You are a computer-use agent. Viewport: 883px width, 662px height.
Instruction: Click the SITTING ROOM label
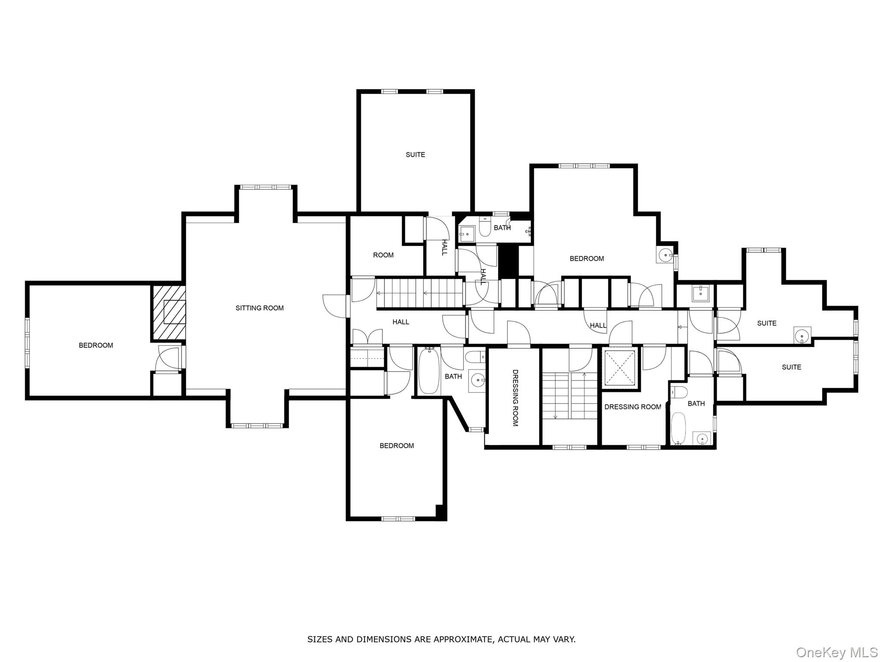(x=260, y=308)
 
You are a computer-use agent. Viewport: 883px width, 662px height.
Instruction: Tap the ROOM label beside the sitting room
(x=383, y=255)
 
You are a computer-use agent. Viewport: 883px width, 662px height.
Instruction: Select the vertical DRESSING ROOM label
(x=515, y=398)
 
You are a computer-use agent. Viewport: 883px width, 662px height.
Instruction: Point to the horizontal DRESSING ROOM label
(x=633, y=407)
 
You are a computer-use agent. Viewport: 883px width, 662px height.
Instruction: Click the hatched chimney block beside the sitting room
(x=168, y=313)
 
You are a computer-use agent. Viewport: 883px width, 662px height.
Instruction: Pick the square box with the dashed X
(x=620, y=367)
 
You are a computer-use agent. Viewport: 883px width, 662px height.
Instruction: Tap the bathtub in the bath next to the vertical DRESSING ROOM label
(x=429, y=371)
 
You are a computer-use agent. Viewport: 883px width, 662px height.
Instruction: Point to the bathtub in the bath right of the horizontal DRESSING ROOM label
(x=678, y=428)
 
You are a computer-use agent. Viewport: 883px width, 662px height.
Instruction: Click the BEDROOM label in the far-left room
(x=96, y=345)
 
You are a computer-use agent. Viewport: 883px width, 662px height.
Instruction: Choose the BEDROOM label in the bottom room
(x=397, y=446)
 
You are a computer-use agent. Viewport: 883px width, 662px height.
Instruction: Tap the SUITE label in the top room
(x=415, y=154)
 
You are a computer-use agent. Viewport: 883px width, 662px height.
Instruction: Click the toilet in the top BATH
(x=485, y=227)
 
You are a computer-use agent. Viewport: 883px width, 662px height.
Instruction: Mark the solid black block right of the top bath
(x=507, y=262)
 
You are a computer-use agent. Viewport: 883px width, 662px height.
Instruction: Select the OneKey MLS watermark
(x=836, y=652)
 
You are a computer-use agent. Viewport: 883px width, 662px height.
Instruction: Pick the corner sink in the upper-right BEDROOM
(x=666, y=255)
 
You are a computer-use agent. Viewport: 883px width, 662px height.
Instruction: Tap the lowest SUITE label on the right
(x=792, y=367)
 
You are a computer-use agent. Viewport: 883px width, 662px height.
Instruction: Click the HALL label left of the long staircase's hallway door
(x=401, y=322)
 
